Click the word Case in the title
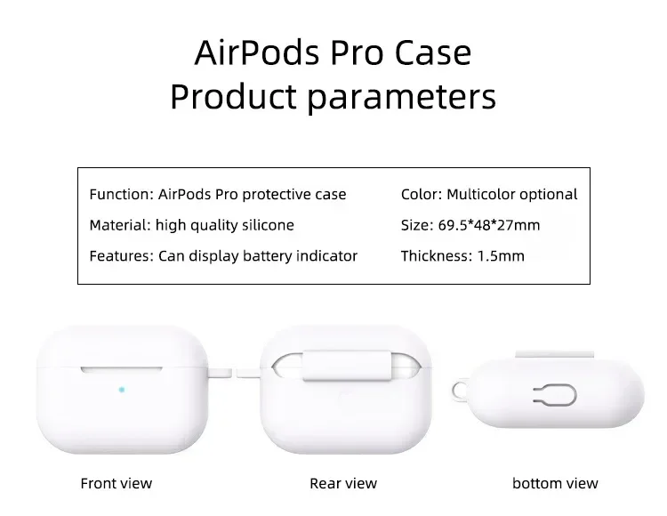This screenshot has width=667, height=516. (x=433, y=53)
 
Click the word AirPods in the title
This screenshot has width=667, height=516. (x=257, y=53)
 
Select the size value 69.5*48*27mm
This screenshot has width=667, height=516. (x=489, y=225)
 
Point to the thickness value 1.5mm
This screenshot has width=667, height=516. (x=501, y=256)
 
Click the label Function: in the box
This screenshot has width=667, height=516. (x=121, y=195)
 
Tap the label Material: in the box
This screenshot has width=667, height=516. (x=120, y=225)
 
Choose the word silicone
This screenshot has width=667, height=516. (x=268, y=225)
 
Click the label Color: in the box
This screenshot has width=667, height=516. (x=422, y=195)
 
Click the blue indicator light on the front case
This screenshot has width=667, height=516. (x=122, y=390)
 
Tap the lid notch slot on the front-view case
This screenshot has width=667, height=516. (x=122, y=370)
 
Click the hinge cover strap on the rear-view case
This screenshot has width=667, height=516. (x=347, y=366)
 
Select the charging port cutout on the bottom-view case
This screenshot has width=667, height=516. (x=555, y=395)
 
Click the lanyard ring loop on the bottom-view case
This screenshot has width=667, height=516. (x=454, y=391)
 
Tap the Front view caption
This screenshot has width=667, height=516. (x=117, y=484)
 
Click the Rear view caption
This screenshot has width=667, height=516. (x=343, y=484)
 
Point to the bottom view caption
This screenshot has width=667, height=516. (x=555, y=484)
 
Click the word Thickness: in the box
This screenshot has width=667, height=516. (x=437, y=256)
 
